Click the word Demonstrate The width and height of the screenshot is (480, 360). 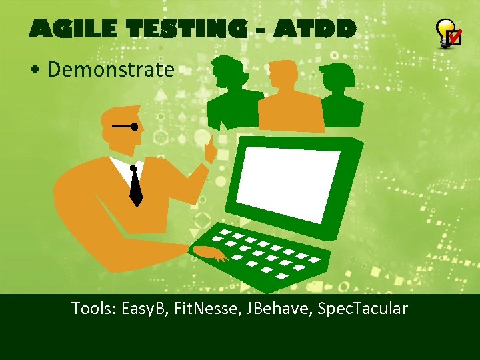tap(111, 69)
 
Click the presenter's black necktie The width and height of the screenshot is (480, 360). tap(135, 186)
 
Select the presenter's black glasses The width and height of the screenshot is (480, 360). tap(127, 126)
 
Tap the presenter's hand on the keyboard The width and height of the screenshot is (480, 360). tap(210, 253)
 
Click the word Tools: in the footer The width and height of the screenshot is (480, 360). tap(94, 309)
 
